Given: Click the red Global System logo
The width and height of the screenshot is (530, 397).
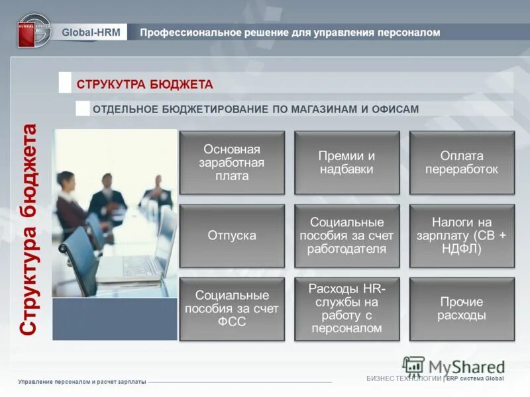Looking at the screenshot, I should (34, 31).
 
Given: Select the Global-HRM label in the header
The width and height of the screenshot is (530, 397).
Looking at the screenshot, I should (91, 32).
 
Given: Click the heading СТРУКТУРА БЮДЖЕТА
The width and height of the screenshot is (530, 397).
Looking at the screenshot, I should (144, 84).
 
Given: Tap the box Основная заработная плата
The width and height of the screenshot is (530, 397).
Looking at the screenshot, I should (232, 163).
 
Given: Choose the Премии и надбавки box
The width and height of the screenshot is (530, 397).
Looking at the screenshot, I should (346, 163).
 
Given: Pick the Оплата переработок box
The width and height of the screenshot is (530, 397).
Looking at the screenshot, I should (462, 163).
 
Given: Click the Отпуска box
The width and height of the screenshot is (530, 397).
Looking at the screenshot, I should (232, 236).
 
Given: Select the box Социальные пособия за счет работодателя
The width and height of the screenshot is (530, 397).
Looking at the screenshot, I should (346, 236).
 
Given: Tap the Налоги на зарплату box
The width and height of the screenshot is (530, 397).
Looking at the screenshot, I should (462, 236).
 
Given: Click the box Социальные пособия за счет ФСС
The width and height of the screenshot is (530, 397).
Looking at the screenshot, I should (232, 309).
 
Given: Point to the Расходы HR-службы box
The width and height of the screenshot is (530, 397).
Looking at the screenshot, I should (346, 309).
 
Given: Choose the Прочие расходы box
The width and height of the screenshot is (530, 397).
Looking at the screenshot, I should (462, 309).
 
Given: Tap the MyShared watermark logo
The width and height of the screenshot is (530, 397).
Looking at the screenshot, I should (454, 366).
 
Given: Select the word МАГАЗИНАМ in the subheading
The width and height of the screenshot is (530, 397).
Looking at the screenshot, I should (327, 109).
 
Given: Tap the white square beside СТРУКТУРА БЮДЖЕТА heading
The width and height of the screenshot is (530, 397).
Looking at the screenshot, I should (65, 83).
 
